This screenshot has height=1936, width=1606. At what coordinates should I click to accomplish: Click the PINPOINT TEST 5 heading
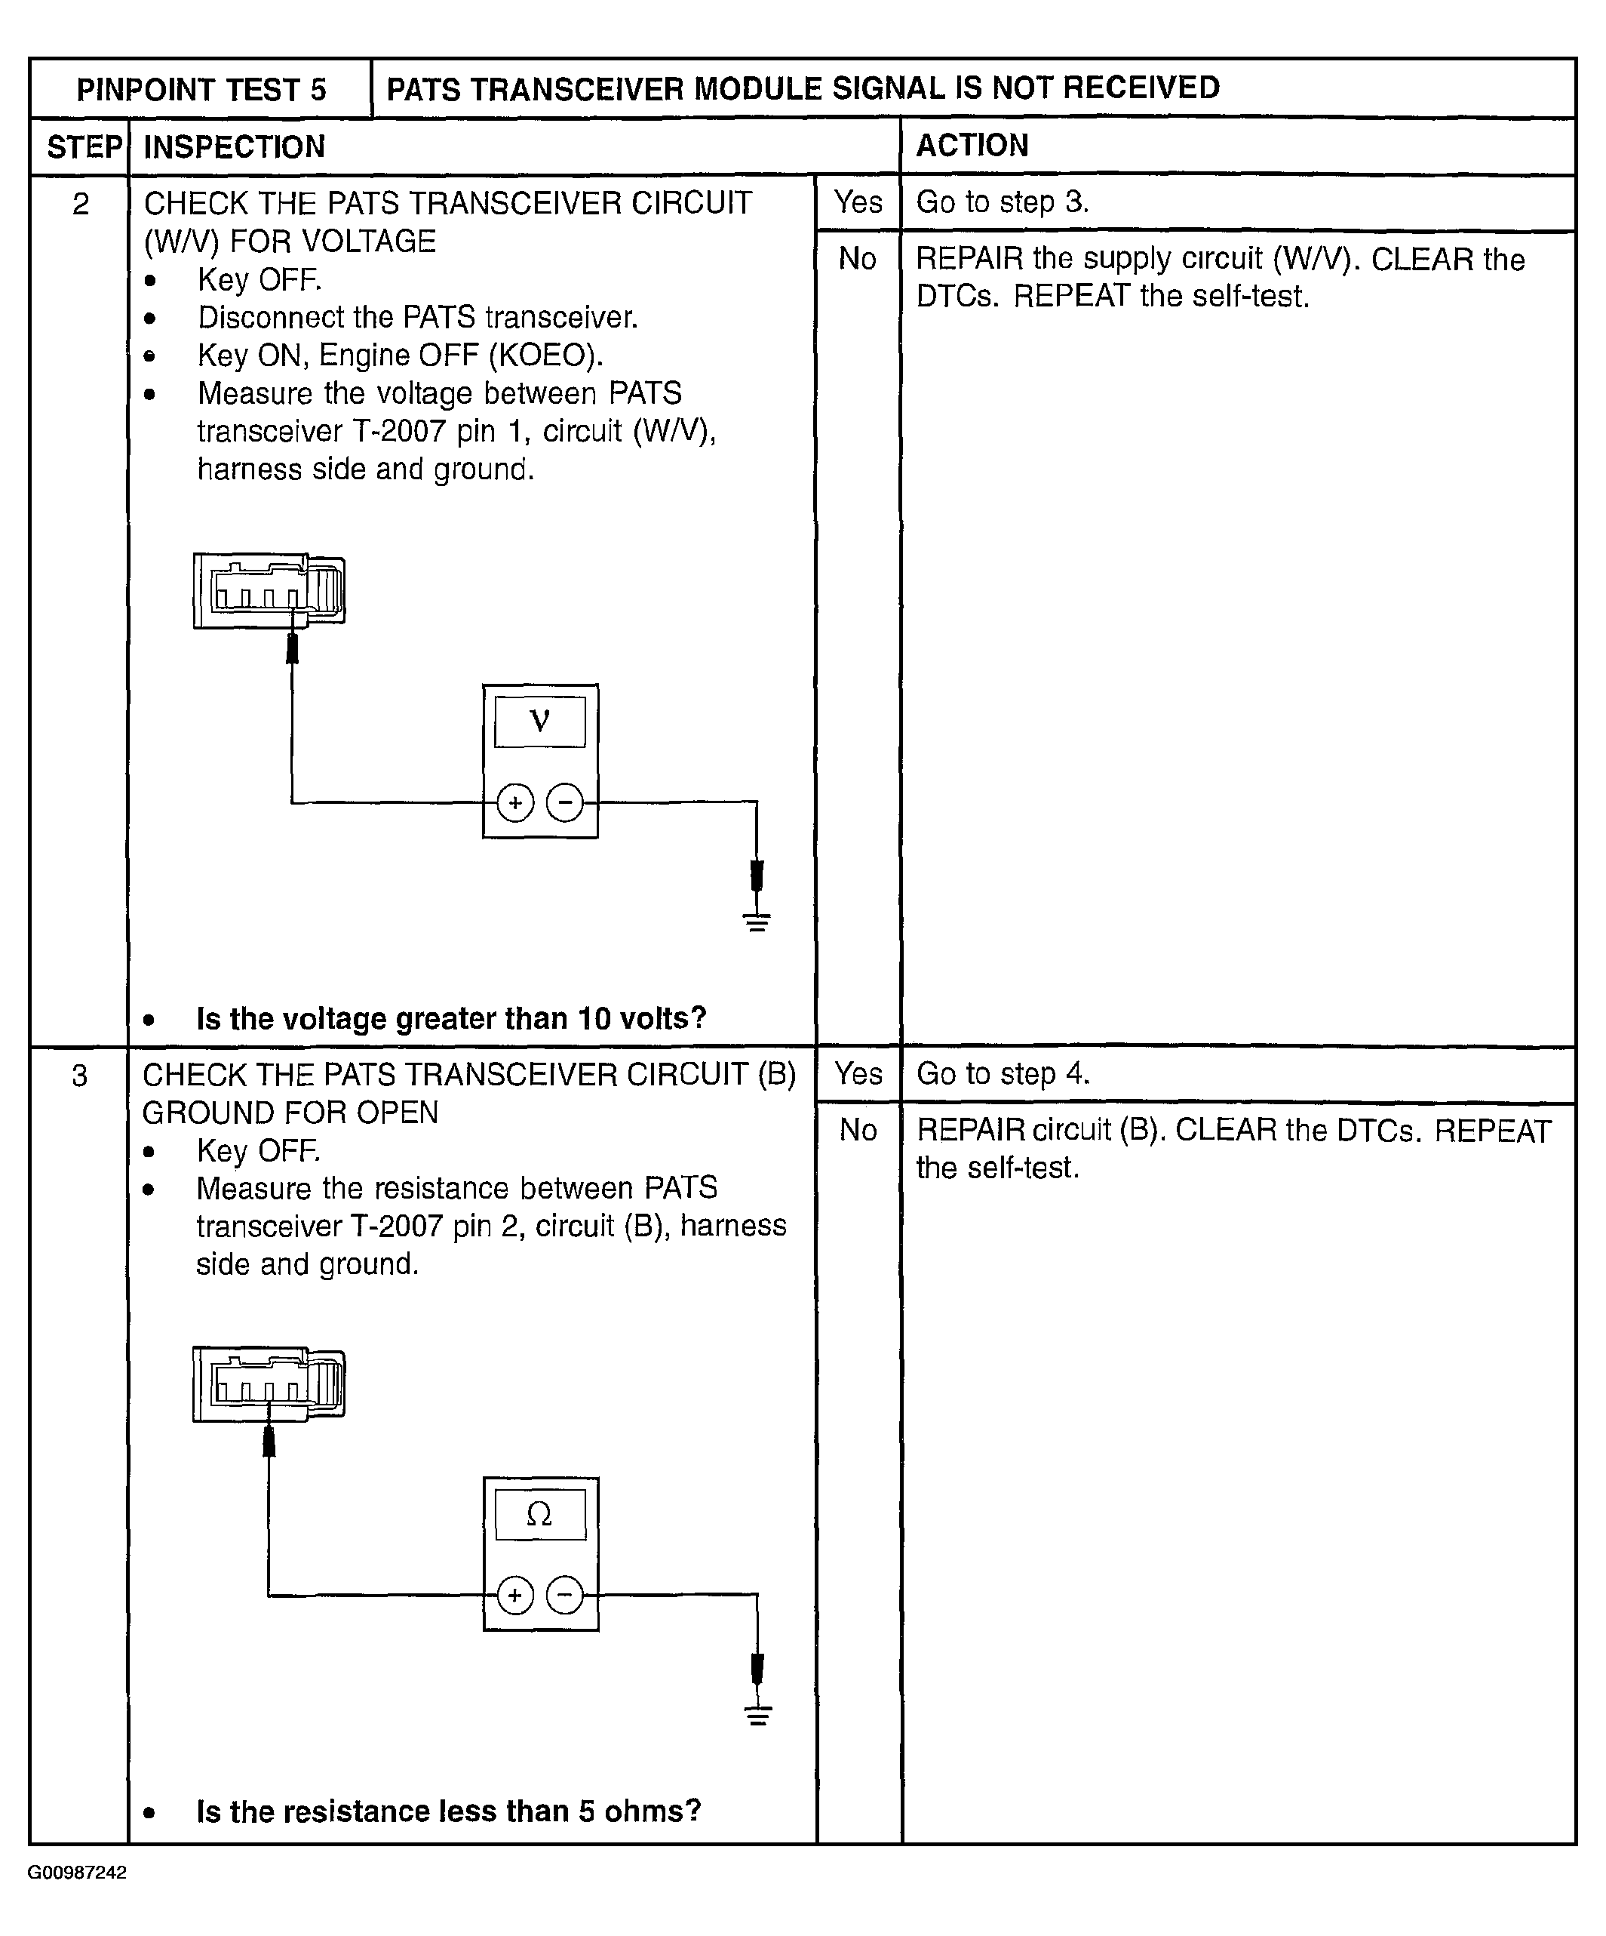tap(201, 89)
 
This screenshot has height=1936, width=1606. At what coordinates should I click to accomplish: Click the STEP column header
tap(83, 146)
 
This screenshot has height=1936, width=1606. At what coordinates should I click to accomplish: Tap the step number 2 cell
tap(81, 204)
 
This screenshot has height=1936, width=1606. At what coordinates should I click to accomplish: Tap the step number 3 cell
tap(80, 1075)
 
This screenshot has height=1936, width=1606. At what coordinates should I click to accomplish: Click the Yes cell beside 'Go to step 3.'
tap(858, 202)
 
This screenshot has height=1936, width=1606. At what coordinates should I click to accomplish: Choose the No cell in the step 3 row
tap(858, 1129)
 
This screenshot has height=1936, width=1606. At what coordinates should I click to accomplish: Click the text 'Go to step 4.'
tap(1003, 1074)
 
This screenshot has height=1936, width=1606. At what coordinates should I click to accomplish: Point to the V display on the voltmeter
tap(540, 721)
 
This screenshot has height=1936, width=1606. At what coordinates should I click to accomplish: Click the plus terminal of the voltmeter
tap(515, 802)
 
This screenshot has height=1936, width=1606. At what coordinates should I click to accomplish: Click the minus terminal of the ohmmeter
tap(565, 1595)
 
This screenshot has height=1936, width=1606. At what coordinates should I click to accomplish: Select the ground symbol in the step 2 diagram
tap(757, 921)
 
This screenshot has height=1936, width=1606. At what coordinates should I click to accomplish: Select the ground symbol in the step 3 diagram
tap(757, 1715)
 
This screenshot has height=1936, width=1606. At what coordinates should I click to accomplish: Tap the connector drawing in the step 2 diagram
tap(269, 591)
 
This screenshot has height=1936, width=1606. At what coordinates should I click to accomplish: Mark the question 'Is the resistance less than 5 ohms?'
tap(449, 1811)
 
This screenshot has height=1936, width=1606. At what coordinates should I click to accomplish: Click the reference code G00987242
tap(78, 1873)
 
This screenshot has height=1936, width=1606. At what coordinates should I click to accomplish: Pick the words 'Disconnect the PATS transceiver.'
tap(417, 317)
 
